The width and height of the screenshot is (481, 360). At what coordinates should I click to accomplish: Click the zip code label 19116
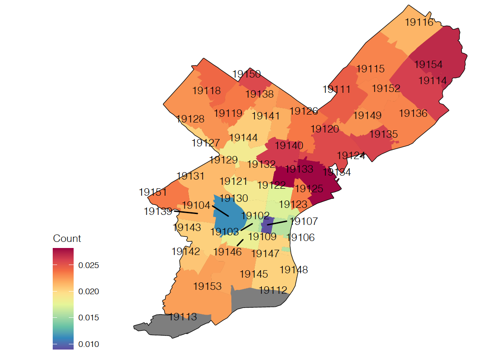[x=419, y=22]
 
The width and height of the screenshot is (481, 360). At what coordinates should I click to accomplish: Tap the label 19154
[x=428, y=65]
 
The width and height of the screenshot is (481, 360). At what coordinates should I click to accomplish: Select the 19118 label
[x=207, y=91]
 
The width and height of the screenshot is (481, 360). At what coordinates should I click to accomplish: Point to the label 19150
[x=247, y=74]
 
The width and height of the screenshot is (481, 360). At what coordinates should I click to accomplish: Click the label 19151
[x=153, y=192]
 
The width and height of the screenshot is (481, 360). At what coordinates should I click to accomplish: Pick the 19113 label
[x=183, y=317]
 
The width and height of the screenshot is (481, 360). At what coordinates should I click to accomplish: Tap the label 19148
[x=294, y=270]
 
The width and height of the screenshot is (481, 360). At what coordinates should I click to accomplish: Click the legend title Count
[x=67, y=238]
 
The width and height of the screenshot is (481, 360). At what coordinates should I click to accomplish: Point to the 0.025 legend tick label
[x=88, y=265]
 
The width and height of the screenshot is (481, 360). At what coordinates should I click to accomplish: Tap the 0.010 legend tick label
[x=88, y=344]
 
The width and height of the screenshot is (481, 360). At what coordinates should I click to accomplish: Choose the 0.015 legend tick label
[x=88, y=318]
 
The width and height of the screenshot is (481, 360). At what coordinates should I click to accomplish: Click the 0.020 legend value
[x=88, y=292]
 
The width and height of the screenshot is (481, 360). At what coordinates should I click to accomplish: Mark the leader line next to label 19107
[x=278, y=223]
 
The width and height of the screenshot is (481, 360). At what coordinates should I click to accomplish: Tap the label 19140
[x=289, y=146]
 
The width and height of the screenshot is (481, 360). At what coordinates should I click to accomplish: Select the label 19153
[x=207, y=286]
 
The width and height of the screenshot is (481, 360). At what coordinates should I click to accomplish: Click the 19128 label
[x=190, y=119]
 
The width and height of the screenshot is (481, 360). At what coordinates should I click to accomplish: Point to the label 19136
[x=413, y=113]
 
